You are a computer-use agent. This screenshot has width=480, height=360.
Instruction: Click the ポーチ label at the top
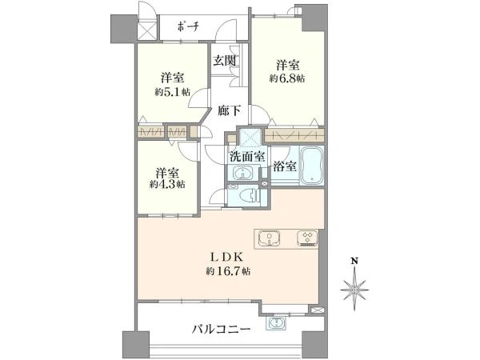coord(188,27)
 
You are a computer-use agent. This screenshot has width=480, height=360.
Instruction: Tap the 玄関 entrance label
coord(224,60)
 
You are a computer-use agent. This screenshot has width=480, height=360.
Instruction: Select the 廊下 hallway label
coord(229,110)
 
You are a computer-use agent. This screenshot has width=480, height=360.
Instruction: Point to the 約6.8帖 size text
coord(287,78)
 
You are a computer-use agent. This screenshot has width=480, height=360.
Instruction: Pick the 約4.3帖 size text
coord(167,184)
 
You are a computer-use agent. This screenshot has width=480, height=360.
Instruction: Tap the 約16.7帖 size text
coord(228,271)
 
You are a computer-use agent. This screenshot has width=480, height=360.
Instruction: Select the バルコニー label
coord(222,330)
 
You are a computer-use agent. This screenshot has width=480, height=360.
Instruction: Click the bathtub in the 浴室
coord(311,166)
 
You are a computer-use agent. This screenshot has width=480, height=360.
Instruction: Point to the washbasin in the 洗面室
coord(244,174)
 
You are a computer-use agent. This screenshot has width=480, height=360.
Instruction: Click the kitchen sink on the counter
coord(269,238)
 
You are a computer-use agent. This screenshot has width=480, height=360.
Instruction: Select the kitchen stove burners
coord(307,238)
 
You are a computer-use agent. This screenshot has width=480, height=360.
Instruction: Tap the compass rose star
coord(354,290)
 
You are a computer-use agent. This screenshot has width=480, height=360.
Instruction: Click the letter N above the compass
coord(354,261)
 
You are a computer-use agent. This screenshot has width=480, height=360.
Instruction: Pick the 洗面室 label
coord(247,157)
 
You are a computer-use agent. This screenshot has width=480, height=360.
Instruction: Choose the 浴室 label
coord(284,166)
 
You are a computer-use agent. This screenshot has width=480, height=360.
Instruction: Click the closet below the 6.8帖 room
coord(294,135)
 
